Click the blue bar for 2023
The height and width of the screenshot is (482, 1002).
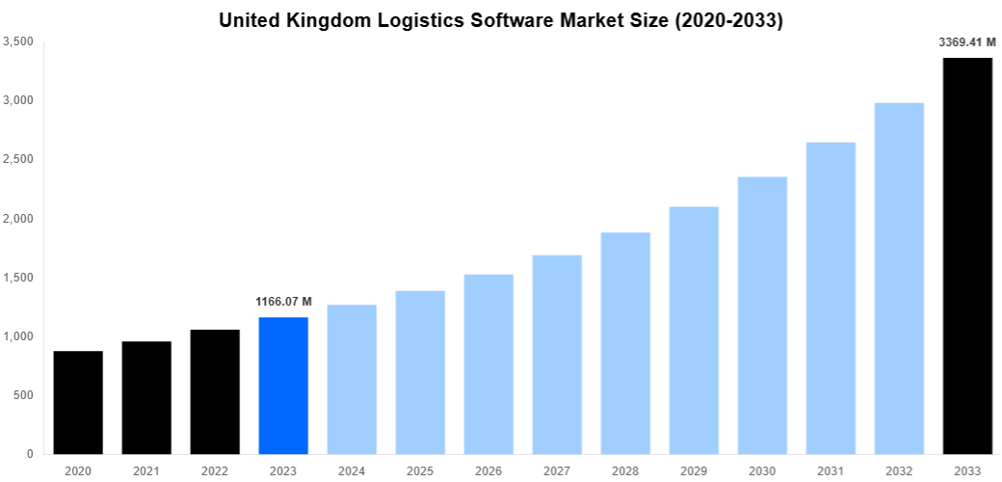click(x=283, y=386)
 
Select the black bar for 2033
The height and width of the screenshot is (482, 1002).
click(x=967, y=255)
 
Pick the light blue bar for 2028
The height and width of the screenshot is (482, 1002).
click(x=625, y=343)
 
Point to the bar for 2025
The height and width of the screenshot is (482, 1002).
click(x=420, y=372)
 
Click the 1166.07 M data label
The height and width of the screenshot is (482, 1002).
click(x=283, y=302)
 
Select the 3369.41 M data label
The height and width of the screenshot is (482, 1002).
click(x=966, y=41)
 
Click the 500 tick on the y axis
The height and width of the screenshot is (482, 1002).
click(x=22, y=395)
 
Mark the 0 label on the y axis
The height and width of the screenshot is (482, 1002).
click(x=29, y=454)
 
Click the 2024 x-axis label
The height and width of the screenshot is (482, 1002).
click(x=352, y=470)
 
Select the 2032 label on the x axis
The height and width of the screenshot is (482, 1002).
click(x=899, y=470)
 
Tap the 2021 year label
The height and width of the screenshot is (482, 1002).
click(x=146, y=470)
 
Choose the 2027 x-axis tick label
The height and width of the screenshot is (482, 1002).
click(x=557, y=470)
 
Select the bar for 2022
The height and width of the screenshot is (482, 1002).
click(x=215, y=391)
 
